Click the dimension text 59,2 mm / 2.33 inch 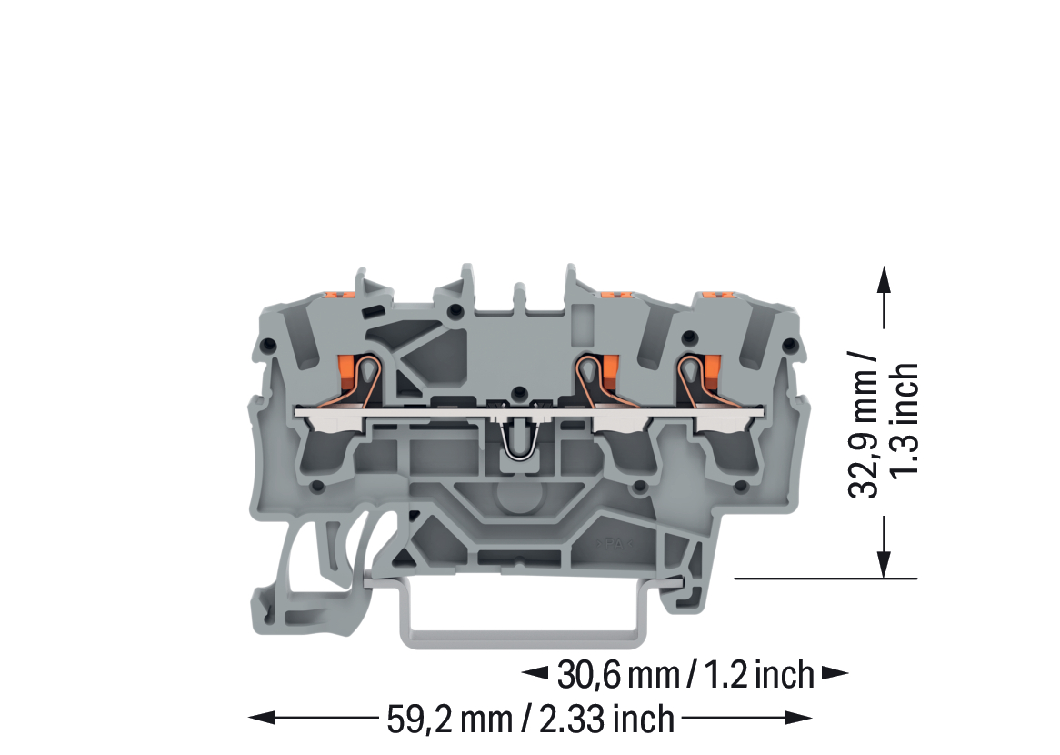pos(530,719)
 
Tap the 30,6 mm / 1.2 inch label pos(685,674)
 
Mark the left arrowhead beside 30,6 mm pos(535,672)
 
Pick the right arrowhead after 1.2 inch pos(835,672)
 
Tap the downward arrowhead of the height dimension pos(883,564)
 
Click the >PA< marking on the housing pos(615,544)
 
